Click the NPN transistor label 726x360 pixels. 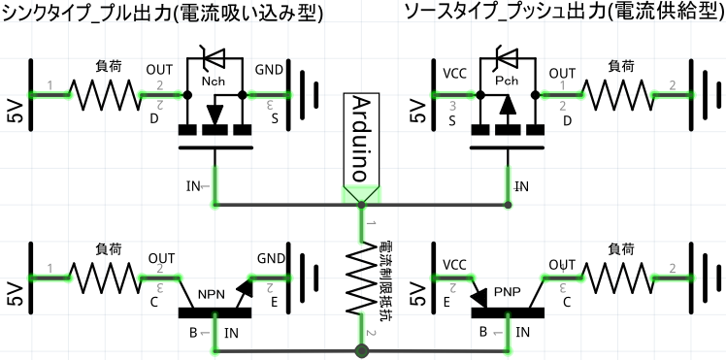tap(211, 294)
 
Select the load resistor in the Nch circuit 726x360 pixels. tap(108, 95)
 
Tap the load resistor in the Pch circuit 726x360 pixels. tap(620, 95)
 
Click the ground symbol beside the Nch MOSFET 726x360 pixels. tap(308, 95)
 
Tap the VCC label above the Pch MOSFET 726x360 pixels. tap(454, 72)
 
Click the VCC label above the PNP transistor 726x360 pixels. tap(454, 264)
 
